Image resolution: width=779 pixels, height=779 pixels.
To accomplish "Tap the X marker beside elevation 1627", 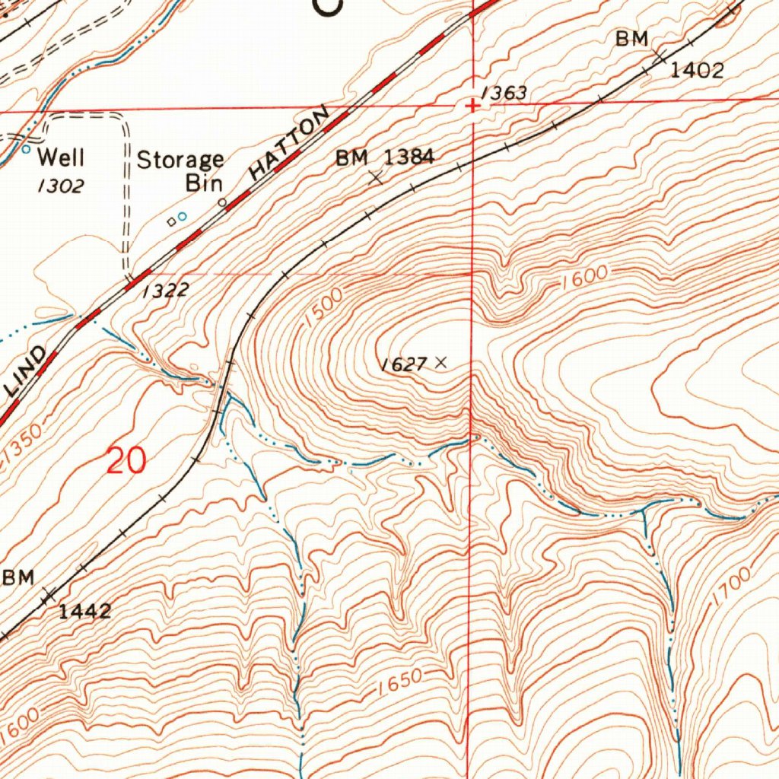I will tap(440, 363).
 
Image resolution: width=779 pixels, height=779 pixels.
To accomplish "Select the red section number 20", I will tap(126, 461).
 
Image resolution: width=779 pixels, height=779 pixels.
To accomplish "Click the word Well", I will tap(62, 158).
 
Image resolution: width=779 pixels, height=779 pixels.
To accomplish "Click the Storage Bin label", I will tap(181, 171).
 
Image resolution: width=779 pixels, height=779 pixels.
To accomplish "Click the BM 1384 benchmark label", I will tap(386, 157).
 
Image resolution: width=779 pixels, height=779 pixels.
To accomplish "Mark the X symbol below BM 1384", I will tap(376, 179).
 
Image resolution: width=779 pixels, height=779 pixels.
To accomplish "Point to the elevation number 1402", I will tap(696, 71).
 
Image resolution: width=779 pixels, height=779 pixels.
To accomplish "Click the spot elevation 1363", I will tap(504, 94).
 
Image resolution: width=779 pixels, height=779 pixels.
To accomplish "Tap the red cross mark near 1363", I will tap(472, 107).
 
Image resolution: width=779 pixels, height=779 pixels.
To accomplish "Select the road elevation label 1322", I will tap(164, 291).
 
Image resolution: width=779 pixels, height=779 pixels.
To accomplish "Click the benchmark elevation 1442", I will tap(86, 610).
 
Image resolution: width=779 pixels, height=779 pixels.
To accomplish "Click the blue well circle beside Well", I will tap(27, 150).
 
